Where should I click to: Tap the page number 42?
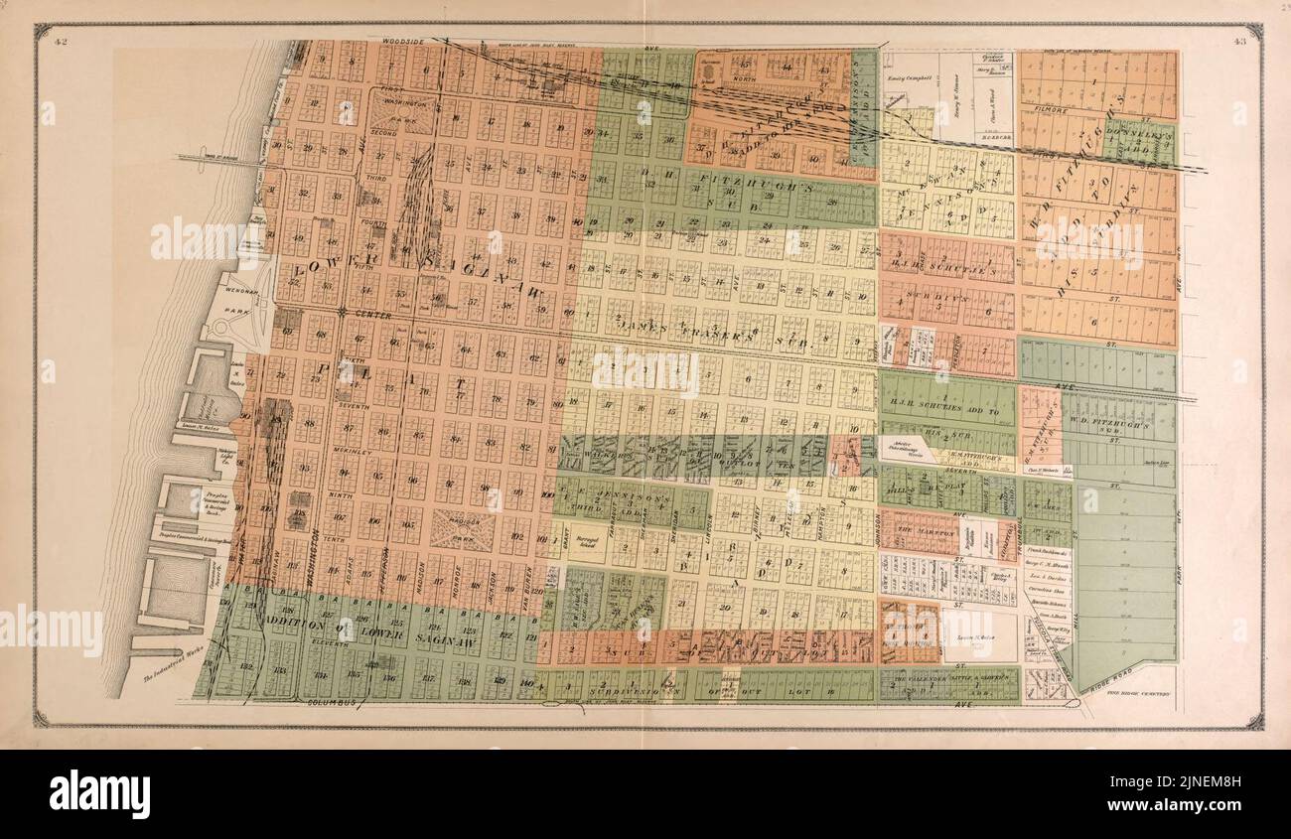[62, 41]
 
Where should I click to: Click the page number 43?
[1240, 41]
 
